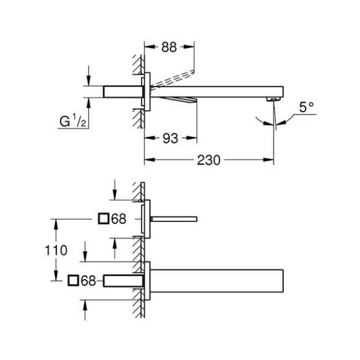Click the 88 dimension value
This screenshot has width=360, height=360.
pos(169,47)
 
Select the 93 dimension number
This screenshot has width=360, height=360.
pos(170,139)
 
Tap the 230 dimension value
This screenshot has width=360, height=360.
pos(209,160)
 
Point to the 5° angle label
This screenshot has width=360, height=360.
pos(306,107)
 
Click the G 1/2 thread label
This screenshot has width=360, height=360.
pos(72,121)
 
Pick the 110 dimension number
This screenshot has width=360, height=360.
pos(56,250)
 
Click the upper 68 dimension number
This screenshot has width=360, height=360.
pos(119,219)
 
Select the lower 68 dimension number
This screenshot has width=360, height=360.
pos(88,280)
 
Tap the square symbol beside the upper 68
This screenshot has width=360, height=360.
pos(103,218)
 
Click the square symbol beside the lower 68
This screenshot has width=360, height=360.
pos(73,280)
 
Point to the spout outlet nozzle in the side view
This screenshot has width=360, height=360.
pos(274,99)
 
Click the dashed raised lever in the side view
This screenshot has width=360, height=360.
pos(173,79)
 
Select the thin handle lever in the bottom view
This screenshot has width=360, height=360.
pos(174,219)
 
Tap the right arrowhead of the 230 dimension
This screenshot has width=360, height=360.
pos(268,160)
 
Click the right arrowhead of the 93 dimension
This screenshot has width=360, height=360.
pos(191,138)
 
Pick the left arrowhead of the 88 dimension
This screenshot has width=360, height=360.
pos(150,47)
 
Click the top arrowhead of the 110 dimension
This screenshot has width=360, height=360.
pos(56,224)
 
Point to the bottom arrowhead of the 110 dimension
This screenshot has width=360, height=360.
pos(56,275)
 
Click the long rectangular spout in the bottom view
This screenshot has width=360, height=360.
pos(216,281)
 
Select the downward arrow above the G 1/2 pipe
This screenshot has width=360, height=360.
pos(89,75)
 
